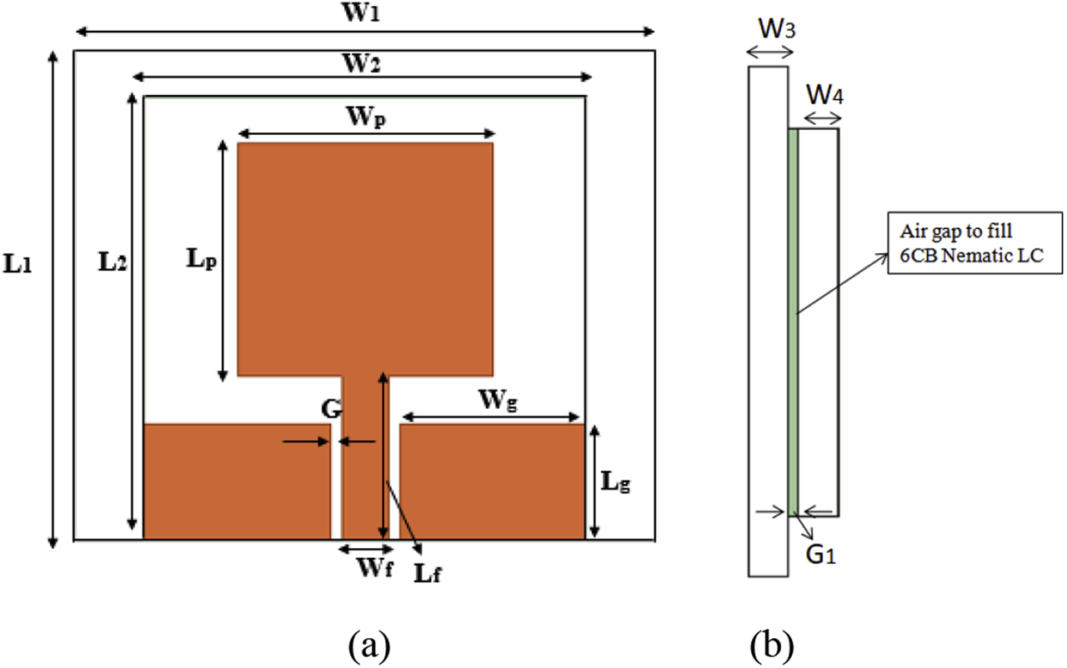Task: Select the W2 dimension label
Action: pos(364,63)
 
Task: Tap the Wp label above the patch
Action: pos(366,118)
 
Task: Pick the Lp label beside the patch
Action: pos(202,260)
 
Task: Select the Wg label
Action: pos(498,401)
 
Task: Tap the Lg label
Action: pos(615,481)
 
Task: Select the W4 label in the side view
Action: pos(824,96)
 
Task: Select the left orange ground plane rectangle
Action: pos(238,481)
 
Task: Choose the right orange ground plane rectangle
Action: pos(492,481)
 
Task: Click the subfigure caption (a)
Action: pos(366,644)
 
